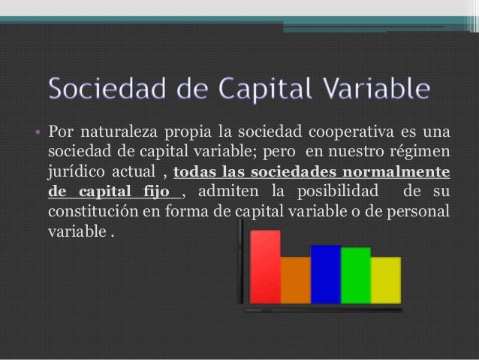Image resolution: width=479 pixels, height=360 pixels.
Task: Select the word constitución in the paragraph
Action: coord(91,210)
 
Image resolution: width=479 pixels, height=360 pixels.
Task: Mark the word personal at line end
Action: coord(422,210)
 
